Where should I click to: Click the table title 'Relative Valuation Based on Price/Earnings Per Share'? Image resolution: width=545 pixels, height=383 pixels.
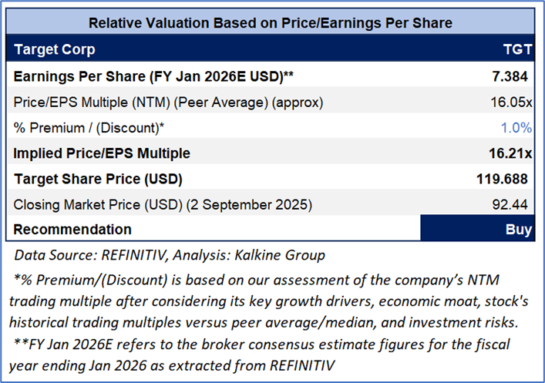[x=270, y=23]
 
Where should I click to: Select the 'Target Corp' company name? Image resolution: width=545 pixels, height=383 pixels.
[x=55, y=50]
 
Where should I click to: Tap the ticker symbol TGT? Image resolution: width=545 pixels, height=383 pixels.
[x=516, y=50]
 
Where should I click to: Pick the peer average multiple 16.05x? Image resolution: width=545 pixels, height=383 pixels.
[x=510, y=102]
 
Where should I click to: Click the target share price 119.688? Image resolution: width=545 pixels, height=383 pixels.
[x=503, y=179]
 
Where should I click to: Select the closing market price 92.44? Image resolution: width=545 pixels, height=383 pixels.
[x=513, y=204]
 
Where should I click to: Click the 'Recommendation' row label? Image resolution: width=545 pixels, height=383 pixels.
[x=72, y=230]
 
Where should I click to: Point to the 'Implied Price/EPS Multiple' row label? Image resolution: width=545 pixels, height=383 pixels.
[x=102, y=153]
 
